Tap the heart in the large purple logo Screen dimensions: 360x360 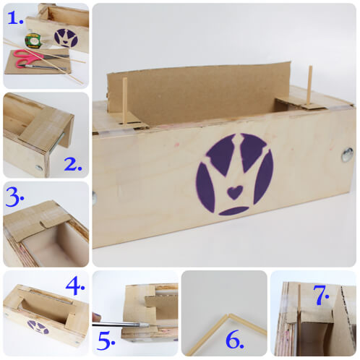[x=232, y=193]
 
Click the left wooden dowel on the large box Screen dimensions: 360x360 [x=125, y=101]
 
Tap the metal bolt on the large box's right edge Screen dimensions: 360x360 [x=347, y=154]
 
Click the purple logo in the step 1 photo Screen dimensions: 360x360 [x=66, y=38]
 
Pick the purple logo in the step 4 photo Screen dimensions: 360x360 [x=38, y=327]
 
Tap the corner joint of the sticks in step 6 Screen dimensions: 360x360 [x=227, y=316]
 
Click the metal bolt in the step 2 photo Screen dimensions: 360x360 [x=38, y=167]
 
